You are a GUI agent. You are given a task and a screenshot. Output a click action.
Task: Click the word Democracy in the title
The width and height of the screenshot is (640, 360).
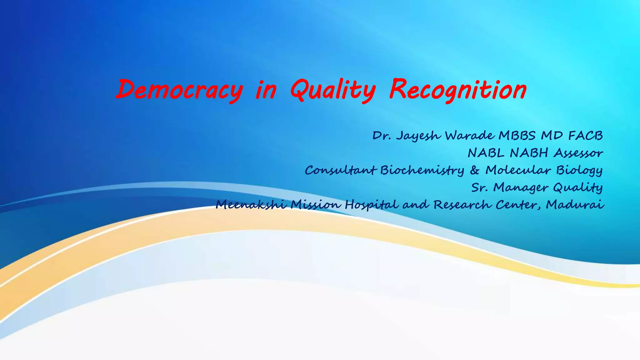point(179,90)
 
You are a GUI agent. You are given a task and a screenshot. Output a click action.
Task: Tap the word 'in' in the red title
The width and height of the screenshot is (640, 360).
point(266,90)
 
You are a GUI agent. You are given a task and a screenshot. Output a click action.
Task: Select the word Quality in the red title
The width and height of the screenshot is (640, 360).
point(333,90)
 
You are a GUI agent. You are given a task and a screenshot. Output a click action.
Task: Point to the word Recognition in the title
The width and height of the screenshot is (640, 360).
point(458,90)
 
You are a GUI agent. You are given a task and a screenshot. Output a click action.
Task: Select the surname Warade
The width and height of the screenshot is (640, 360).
point(470,136)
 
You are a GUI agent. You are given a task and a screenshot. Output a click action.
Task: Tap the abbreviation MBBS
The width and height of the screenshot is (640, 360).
point(517,136)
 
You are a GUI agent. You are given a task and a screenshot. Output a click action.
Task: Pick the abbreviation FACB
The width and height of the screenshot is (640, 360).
point(585,136)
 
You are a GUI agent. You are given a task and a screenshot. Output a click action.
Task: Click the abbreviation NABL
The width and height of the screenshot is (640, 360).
point(486,153)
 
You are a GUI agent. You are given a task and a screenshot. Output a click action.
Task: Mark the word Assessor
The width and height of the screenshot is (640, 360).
point(578,153)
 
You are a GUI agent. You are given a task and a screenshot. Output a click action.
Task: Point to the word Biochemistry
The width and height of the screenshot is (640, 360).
point(422,170)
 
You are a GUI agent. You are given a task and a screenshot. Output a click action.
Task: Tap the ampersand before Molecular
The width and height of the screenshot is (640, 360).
point(474,170)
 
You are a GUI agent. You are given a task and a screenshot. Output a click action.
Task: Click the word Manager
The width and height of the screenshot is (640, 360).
point(521,187)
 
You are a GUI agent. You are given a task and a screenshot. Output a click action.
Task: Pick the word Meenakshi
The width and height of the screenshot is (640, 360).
point(251,205)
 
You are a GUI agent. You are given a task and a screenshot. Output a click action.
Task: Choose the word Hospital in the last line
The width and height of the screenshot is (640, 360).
point(372,205)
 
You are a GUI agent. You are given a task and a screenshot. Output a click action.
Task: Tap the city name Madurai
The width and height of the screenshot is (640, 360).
point(575,205)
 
